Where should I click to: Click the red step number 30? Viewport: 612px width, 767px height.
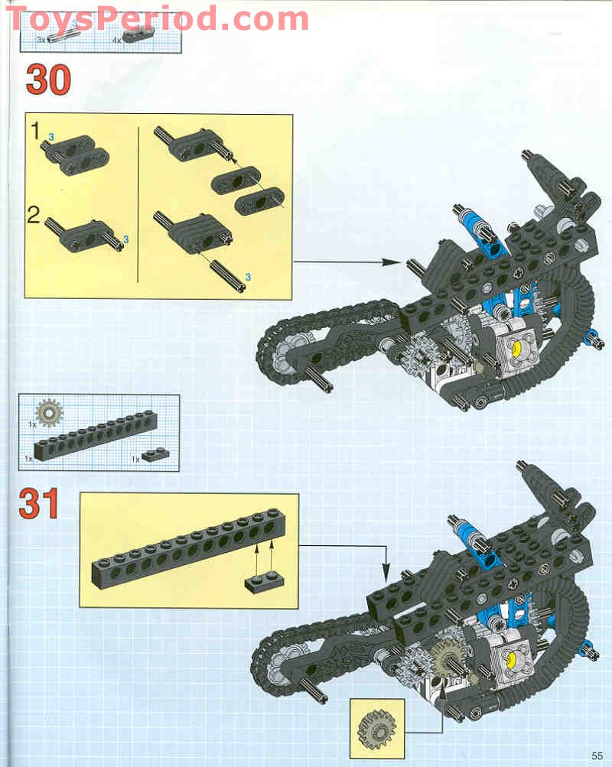point(48,80)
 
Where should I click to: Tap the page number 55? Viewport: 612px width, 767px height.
point(597,755)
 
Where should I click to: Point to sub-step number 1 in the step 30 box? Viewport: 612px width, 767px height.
point(35,131)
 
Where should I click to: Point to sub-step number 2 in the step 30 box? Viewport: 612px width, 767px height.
point(34,214)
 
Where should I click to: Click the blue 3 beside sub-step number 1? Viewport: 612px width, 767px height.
point(51,136)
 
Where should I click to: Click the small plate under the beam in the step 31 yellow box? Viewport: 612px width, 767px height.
point(263,580)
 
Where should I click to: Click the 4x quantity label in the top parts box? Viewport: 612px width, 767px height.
point(117,38)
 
